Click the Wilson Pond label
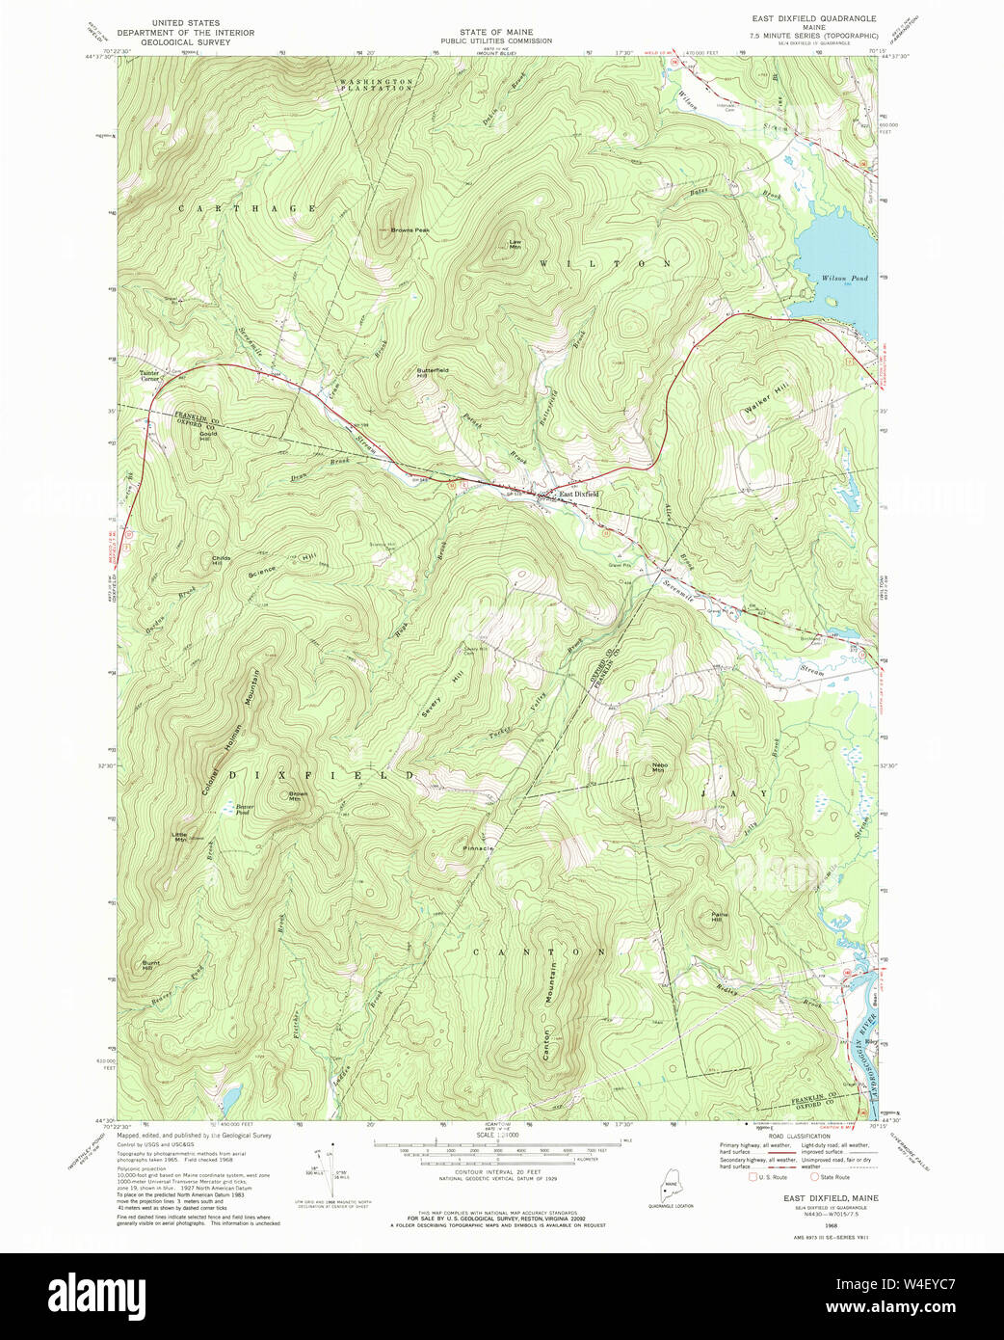pyautogui.click(x=844, y=279)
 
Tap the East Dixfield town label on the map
pyautogui.click(x=579, y=495)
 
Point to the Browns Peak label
pyautogui.click(x=410, y=230)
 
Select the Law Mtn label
pyautogui.click(x=515, y=244)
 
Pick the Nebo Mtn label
pyautogui.click(x=658, y=767)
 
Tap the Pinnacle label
pyautogui.click(x=478, y=848)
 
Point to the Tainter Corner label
pyautogui.click(x=149, y=376)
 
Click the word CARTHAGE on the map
pyautogui.click(x=248, y=208)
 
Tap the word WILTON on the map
pyautogui.click(x=604, y=263)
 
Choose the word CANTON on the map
pyautogui.click(x=540, y=951)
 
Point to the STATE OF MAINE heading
pyautogui.click(x=495, y=32)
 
